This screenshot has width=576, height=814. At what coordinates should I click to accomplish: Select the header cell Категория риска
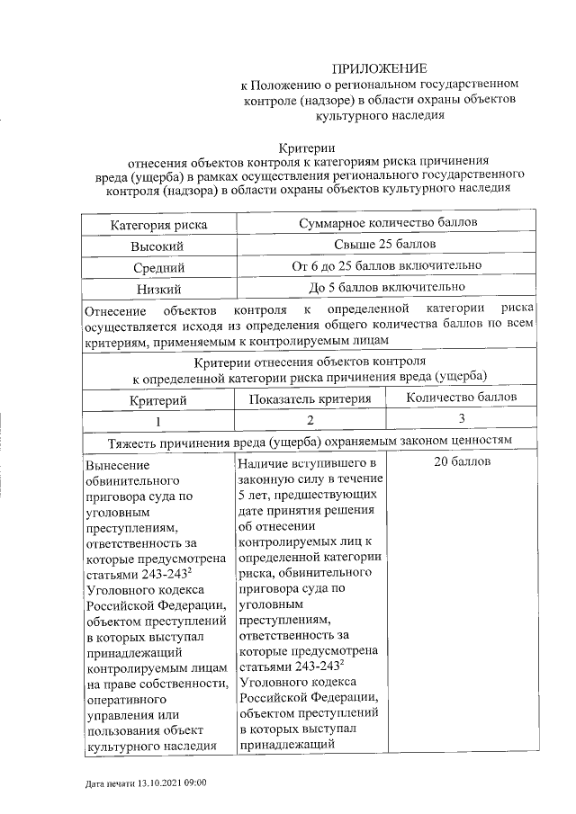(158, 223)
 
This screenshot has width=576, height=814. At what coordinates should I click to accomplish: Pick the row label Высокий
(158, 246)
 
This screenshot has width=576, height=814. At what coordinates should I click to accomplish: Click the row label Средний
(158, 267)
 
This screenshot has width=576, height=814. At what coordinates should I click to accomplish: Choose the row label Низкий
(158, 289)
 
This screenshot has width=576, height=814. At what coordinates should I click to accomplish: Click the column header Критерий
(157, 398)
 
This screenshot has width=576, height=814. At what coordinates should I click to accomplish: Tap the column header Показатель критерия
(310, 398)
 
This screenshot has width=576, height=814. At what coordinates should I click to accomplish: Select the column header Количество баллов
(461, 397)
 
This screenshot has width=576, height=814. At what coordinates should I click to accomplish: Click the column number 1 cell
(157, 420)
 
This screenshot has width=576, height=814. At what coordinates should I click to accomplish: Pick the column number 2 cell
(310, 420)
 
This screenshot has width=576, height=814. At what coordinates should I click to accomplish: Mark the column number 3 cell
(461, 418)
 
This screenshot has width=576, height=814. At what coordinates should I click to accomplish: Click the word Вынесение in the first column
(115, 466)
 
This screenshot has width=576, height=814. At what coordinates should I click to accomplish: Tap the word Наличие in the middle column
(263, 463)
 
